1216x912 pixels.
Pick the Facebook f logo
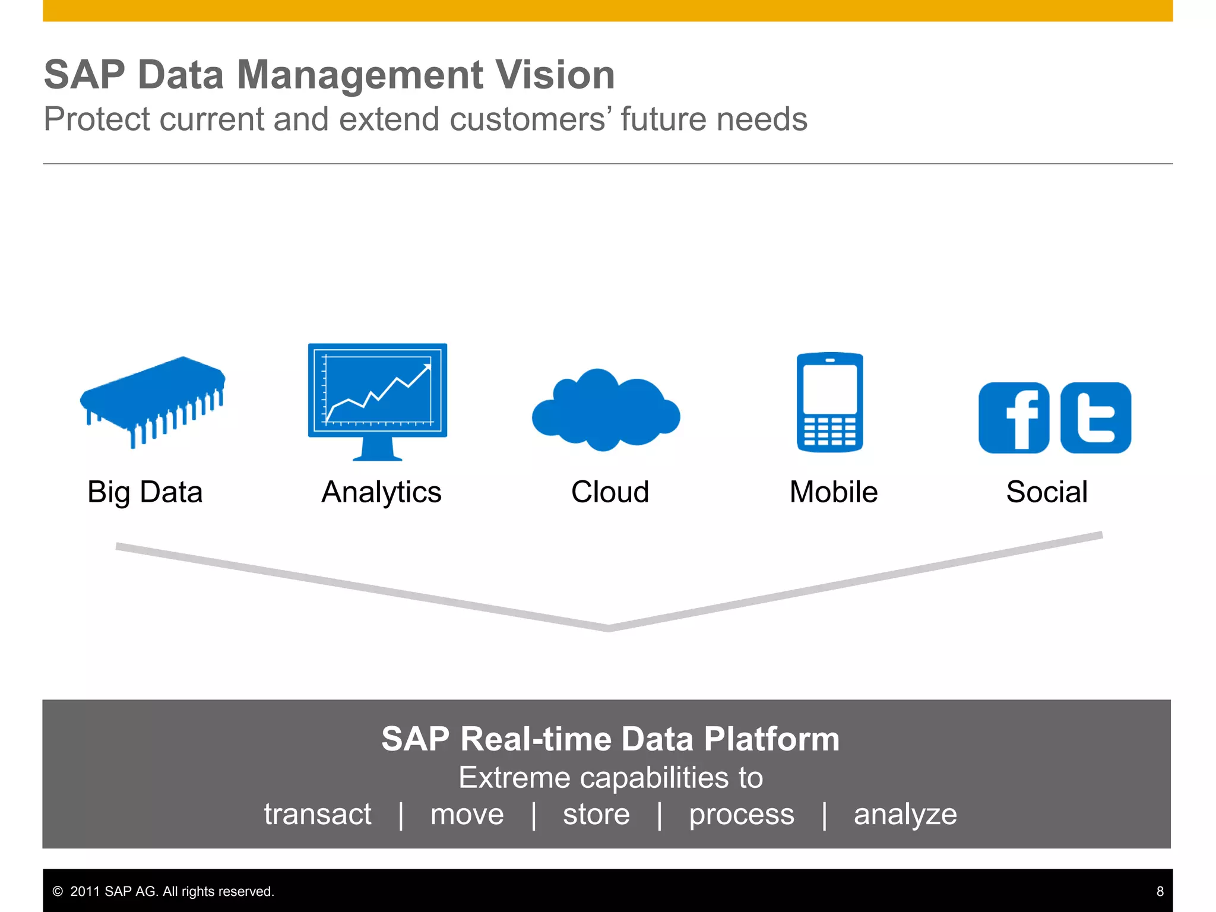(x=1014, y=418)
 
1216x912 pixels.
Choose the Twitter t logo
(x=1095, y=418)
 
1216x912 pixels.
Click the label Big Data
(x=145, y=492)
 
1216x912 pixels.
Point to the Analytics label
(x=381, y=492)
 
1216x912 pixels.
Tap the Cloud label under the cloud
(x=610, y=492)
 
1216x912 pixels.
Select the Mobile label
(x=833, y=492)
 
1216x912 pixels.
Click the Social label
(x=1047, y=492)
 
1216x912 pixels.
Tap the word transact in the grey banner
(x=318, y=814)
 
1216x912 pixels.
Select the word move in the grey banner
(x=467, y=814)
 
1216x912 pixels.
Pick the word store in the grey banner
(x=596, y=814)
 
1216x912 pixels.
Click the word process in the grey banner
(x=741, y=814)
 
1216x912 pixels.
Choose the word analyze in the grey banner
(x=905, y=814)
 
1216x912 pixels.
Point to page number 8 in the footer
(x=1160, y=891)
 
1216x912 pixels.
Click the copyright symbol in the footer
(x=58, y=891)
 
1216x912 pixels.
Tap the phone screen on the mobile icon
(x=829, y=389)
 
